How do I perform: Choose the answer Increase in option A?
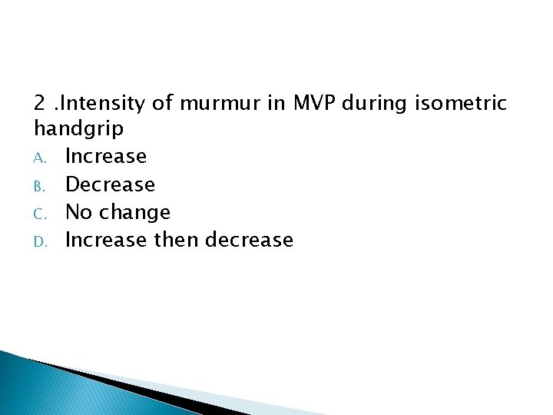(x=106, y=157)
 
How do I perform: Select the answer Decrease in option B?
(x=110, y=184)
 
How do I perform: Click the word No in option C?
(x=78, y=212)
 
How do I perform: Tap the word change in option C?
(x=133, y=212)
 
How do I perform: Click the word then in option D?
(x=177, y=240)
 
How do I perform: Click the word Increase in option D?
(x=106, y=240)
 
